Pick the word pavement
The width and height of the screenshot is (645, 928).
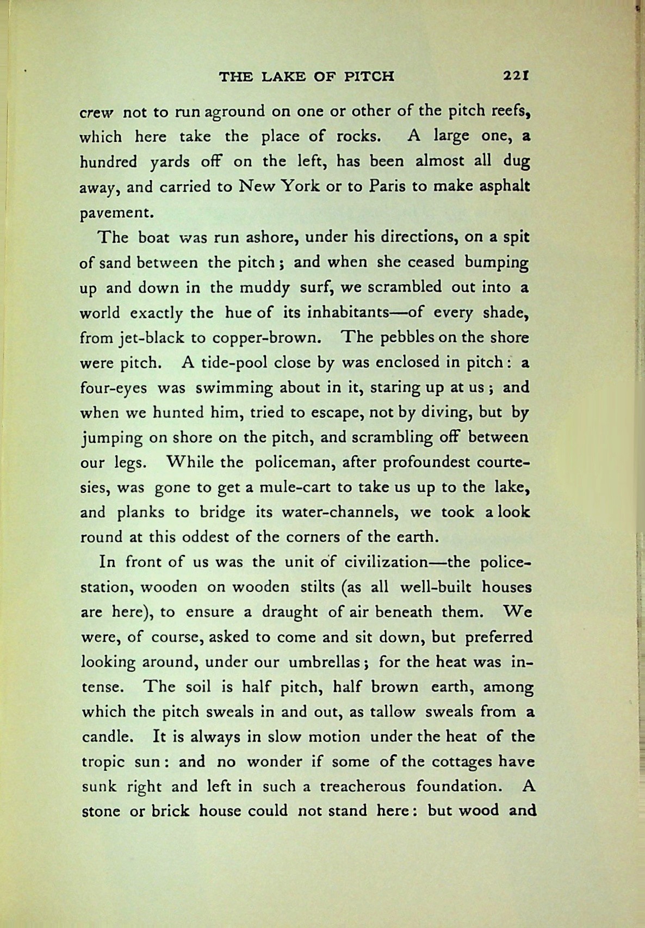tap(115, 213)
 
